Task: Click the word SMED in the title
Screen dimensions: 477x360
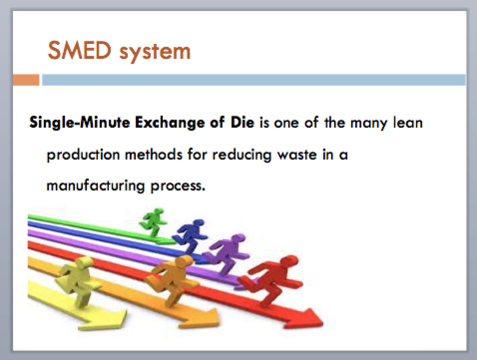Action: coord(79,50)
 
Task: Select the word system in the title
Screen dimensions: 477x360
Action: coord(155,52)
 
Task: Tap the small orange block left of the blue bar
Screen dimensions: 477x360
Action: coord(26,80)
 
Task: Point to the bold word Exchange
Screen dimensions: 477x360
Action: coord(169,123)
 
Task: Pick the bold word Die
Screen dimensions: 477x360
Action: coord(242,122)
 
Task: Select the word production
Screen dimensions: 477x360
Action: coord(83,155)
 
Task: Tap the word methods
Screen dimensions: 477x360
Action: coord(154,155)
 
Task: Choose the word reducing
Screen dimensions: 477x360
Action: coord(241,155)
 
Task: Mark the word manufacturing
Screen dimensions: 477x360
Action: coord(95,186)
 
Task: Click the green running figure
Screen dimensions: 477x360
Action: coord(153,222)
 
